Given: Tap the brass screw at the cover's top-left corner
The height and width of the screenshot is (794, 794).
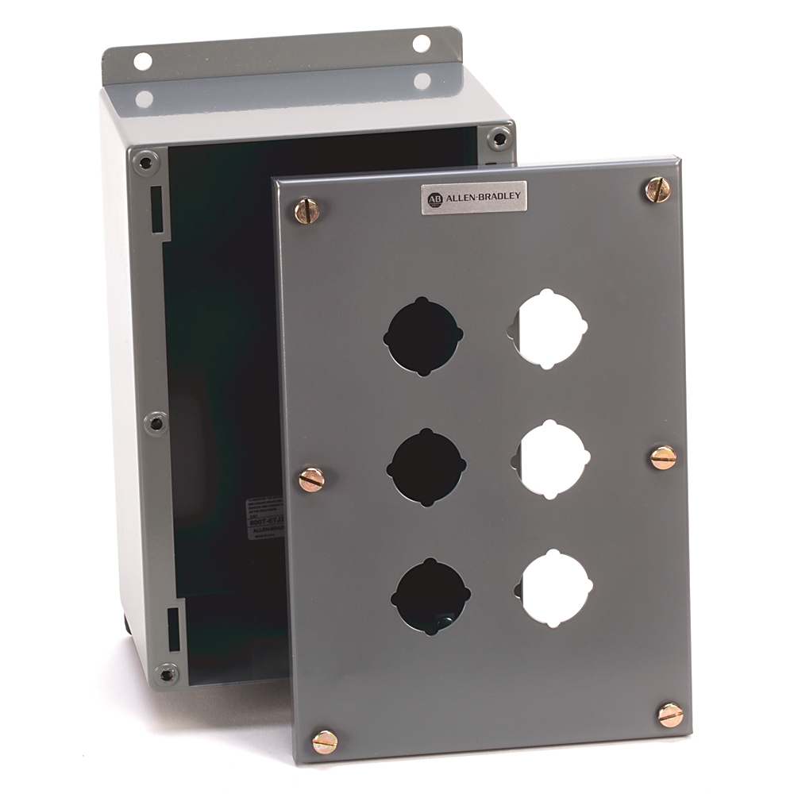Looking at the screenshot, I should point(307,210).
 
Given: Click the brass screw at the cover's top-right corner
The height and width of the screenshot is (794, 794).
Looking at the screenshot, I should point(657,189).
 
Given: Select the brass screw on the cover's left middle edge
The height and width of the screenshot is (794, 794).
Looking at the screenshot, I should point(311,480).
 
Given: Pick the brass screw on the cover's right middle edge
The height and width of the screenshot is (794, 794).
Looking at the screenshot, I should point(663,457).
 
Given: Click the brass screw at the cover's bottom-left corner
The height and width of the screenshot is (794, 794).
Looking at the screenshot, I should point(324,742).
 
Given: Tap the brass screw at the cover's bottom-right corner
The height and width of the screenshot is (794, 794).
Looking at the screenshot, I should point(671,715).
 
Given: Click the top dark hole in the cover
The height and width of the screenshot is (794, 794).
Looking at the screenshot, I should point(422,337).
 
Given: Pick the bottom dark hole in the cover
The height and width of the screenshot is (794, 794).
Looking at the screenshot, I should point(431,596).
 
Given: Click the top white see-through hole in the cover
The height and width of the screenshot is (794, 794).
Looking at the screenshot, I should point(549,329).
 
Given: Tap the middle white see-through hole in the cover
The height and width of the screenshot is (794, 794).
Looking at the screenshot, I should point(553,458).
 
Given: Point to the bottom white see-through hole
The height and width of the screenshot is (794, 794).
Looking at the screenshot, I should point(555,588).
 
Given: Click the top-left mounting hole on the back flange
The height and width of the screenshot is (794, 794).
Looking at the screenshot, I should point(142,61).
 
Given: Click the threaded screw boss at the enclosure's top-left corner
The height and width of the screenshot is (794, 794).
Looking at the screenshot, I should point(145,163).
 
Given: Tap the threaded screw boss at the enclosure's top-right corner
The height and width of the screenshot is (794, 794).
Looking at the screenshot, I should point(499,138).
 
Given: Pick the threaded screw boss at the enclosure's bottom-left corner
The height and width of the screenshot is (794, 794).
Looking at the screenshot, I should point(165,674).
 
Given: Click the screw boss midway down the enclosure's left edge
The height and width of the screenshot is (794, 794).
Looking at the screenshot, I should point(156,423).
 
